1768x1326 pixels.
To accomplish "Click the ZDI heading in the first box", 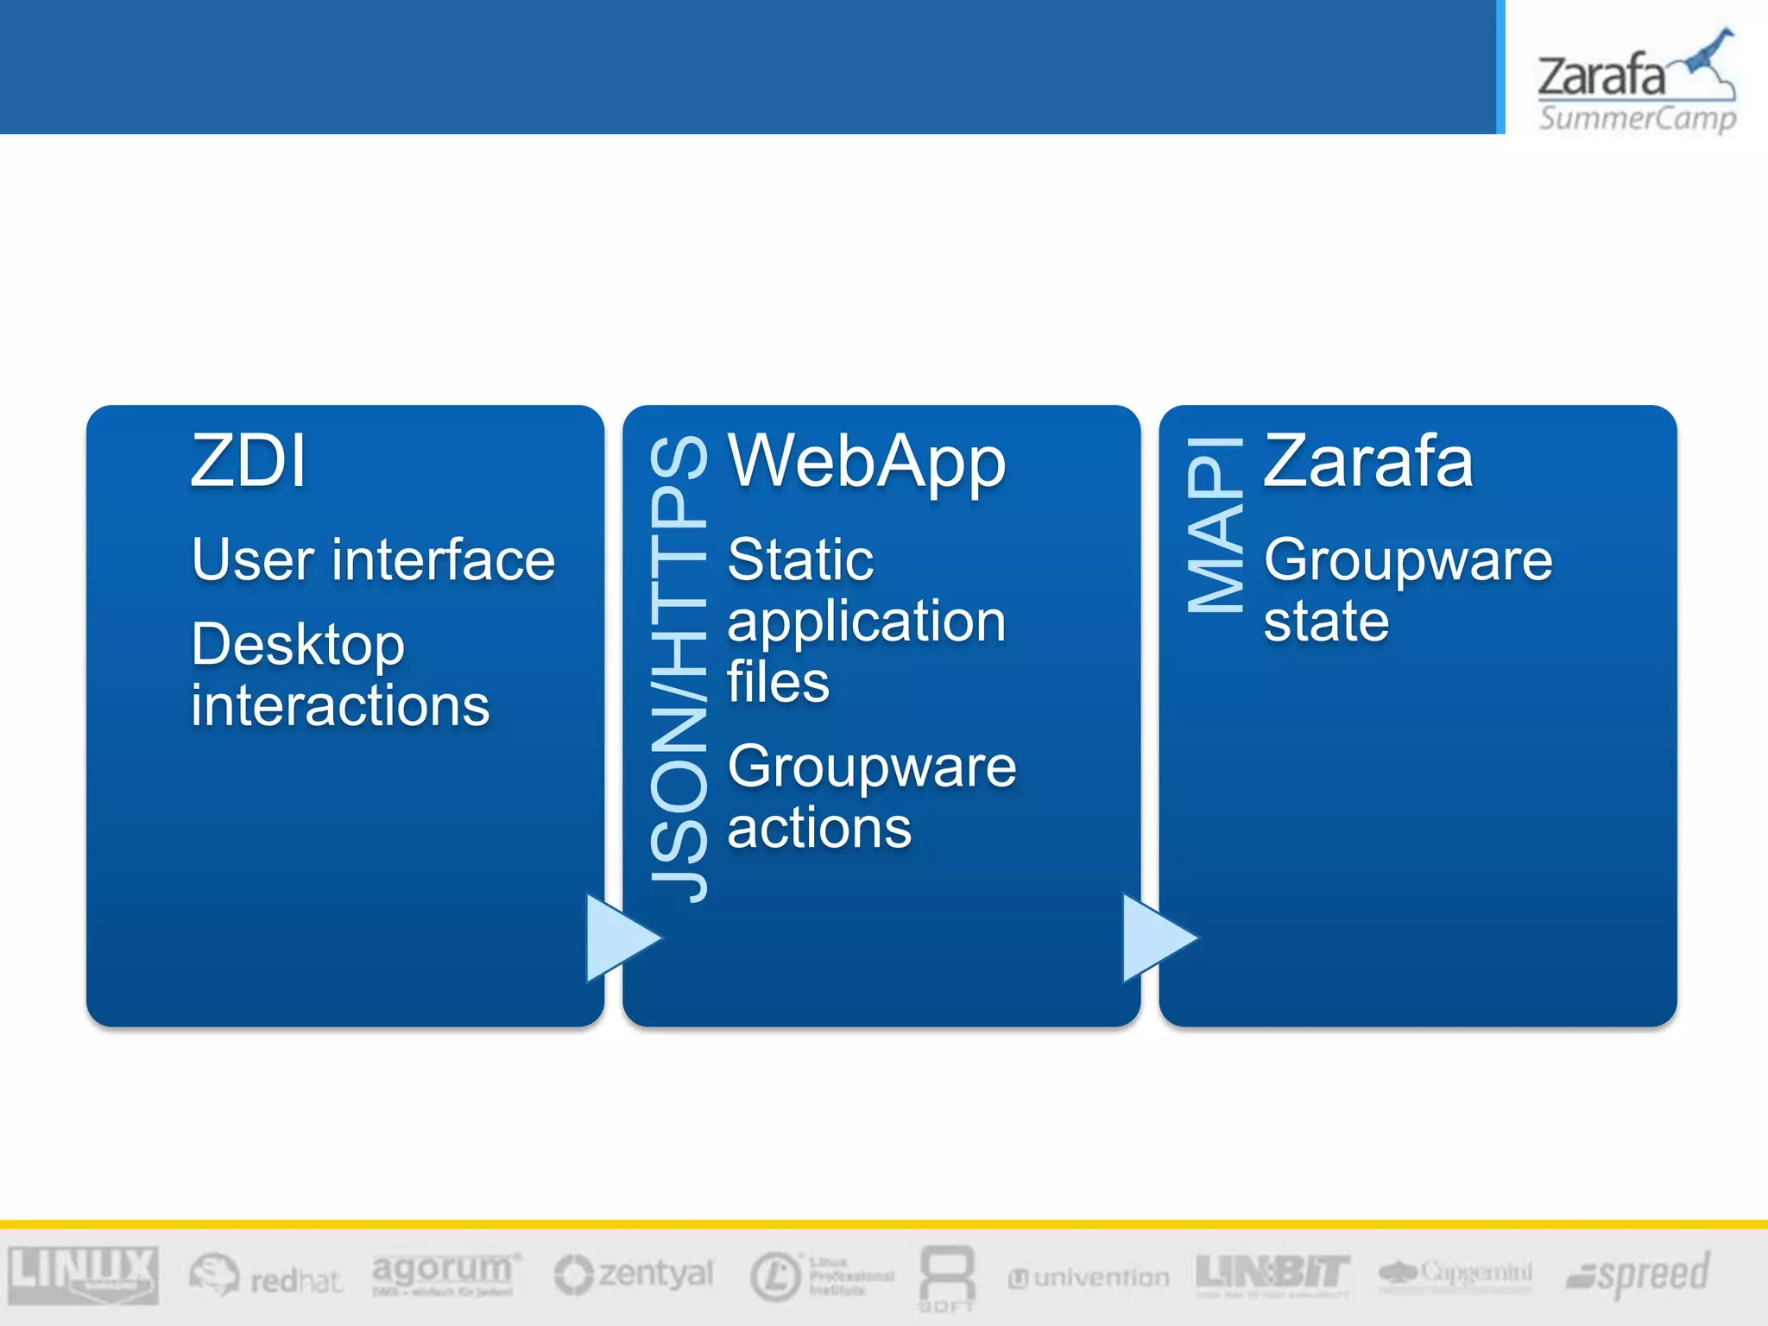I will tap(249, 461).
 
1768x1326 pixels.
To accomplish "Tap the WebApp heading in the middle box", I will tap(867, 463).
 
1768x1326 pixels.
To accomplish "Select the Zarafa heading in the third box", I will tap(1368, 461).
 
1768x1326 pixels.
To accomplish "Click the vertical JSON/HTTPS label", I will tap(679, 669).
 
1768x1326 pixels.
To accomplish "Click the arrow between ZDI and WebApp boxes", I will tap(620, 938).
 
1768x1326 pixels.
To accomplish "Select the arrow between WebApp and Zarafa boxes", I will tap(1156, 938).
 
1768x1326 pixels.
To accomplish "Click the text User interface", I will tap(373, 559).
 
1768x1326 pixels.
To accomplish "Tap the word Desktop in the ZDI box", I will tap(298, 644).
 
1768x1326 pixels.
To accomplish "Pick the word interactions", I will tap(340, 705).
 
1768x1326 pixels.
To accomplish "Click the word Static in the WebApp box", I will tap(800, 559).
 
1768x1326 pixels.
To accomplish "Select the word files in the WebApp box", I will tap(778, 682).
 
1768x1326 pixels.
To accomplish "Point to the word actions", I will tap(818, 828).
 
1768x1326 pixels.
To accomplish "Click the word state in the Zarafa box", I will tap(1326, 621).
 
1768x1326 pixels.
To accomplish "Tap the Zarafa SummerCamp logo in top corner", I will tap(1636, 82).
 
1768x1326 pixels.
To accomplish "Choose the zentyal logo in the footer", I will tap(635, 1274).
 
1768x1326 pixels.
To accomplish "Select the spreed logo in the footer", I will tap(1638, 1274).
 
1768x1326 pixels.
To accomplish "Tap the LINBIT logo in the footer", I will tap(1272, 1273).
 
